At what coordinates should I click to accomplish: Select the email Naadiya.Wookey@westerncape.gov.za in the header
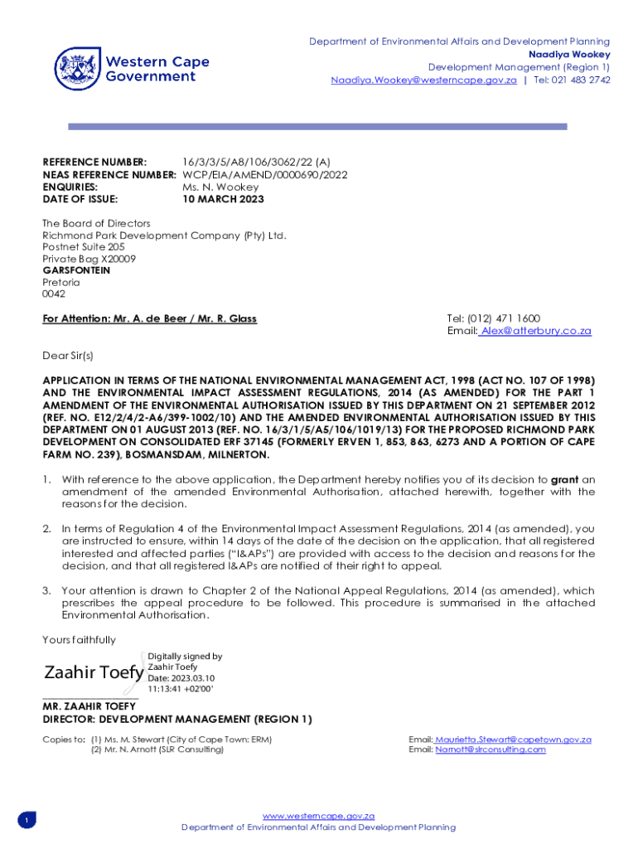(x=423, y=80)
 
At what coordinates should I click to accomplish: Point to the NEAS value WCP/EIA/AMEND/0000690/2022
(x=264, y=175)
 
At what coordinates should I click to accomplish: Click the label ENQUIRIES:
(x=70, y=187)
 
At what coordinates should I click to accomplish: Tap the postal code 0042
(x=53, y=294)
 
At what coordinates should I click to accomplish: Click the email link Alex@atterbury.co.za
(x=536, y=331)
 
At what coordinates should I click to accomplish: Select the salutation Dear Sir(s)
(x=68, y=356)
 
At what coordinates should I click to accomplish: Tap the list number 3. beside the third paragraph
(x=47, y=591)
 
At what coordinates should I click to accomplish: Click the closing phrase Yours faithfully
(x=80, y=639)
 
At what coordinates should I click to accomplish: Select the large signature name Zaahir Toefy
(x=93, y=672)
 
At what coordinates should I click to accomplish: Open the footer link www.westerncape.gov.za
(x=319, y=816)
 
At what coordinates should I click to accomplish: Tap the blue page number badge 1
(x=26, y=821)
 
